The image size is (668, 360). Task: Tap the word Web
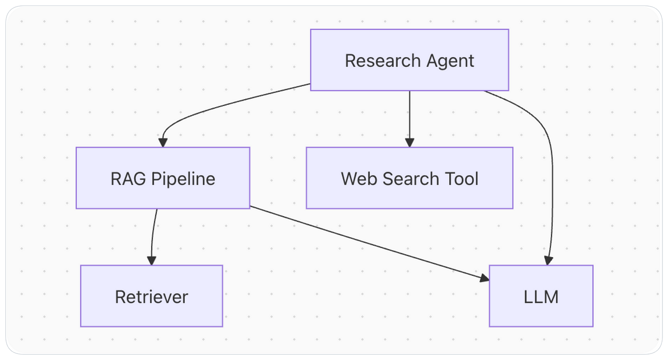point(358,179)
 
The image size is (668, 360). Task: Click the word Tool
point(461,179)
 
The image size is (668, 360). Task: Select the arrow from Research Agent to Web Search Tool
point(409,116)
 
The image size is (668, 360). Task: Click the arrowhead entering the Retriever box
point(151,261)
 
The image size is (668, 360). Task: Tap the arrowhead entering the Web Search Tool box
point(409,142)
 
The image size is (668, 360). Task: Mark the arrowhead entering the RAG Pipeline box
point(163,142)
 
